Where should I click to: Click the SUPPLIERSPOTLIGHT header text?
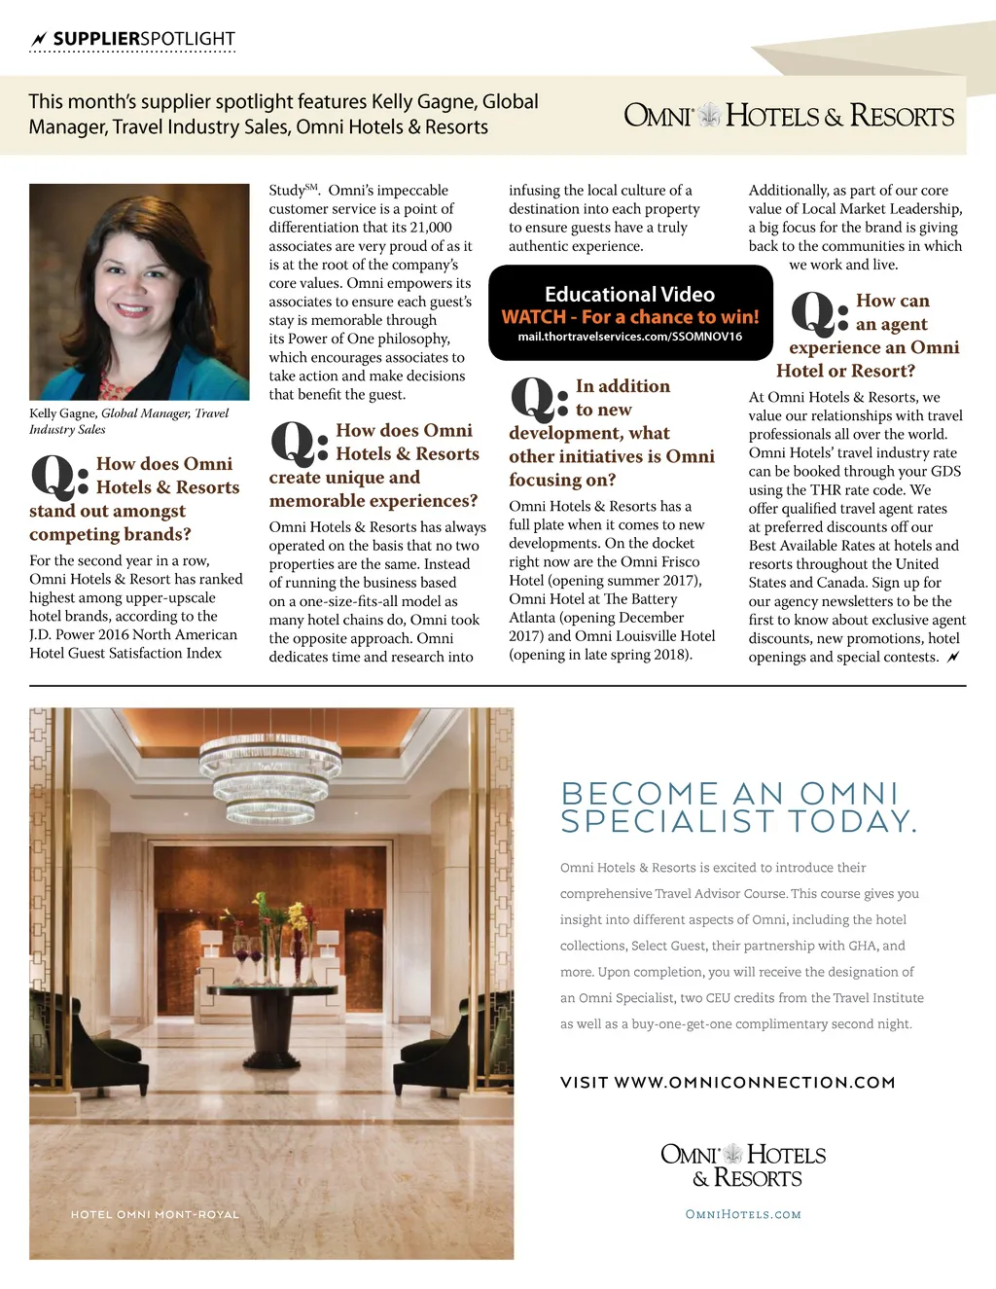(144, 39)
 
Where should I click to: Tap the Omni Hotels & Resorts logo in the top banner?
(789, 116)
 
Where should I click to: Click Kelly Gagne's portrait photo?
(139, 291)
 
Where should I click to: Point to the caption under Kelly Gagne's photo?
(128, 420)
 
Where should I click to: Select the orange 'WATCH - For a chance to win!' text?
(630, 317)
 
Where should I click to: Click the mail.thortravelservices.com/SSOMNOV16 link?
(630, 337)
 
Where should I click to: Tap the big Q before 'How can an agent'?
(815, 313)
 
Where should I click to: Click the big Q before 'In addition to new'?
(534, 400)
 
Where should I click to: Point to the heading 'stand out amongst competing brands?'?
(110, 522)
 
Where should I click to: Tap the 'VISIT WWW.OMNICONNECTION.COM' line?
(728, 1082)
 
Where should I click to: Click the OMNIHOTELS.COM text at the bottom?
(743, 1214)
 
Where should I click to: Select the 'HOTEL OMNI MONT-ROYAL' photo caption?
(155, 1214)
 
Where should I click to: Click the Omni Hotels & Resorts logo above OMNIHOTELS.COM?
(743, 1165)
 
